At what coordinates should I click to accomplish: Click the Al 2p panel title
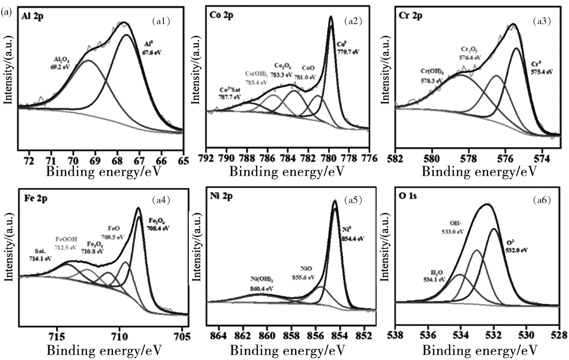tap(32, 16)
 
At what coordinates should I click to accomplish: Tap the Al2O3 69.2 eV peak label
tap(60, 63)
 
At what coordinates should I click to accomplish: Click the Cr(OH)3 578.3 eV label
tap(431, 76)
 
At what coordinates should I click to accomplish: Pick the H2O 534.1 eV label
tap(434, 276)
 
